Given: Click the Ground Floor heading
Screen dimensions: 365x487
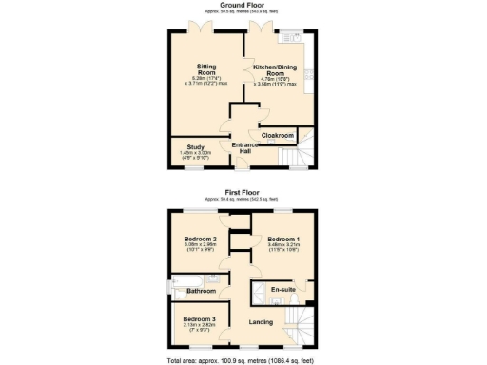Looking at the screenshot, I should tap(243, 5).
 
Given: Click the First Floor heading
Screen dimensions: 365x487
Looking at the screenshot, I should tap(243, 191).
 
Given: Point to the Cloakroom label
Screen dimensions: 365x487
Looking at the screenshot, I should tap(276, 134).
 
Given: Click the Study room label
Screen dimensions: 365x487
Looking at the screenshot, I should tap(195, 147).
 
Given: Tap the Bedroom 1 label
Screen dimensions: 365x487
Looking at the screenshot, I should tap(283, 240).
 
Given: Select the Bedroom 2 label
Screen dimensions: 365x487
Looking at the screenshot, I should tap(201, 240).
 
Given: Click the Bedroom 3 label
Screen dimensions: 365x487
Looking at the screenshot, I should tap(200, 317).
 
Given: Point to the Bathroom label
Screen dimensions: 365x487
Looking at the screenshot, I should tap(201, 290).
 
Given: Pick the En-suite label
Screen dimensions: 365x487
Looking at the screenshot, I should tap(282, 288).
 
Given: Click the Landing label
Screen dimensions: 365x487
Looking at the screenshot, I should tap(261, 322).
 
